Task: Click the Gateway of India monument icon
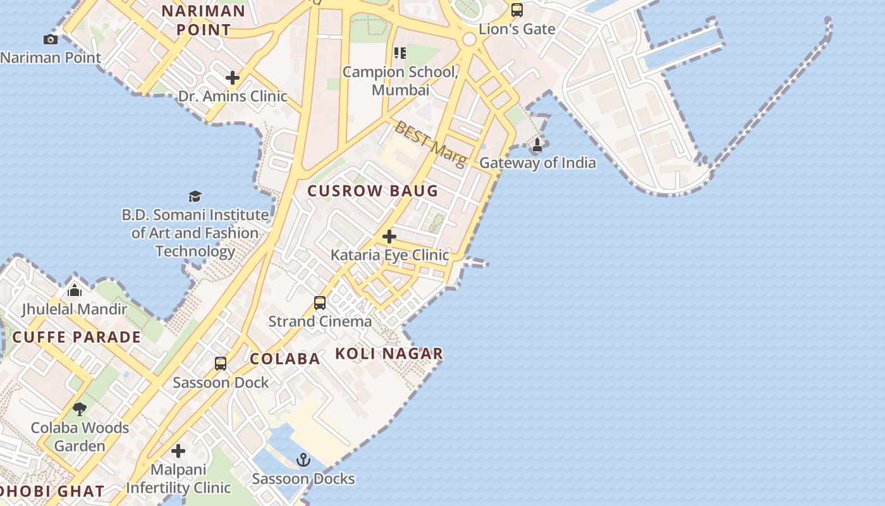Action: [537, 145]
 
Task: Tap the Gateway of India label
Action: [537, 163]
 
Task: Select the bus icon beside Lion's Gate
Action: [517, 10]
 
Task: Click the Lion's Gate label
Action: [517, 28]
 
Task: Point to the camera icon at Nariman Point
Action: [51, 40]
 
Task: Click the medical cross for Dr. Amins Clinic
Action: [233, 78]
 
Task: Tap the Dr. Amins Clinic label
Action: [233, 96]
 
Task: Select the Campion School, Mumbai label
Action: [400, 81]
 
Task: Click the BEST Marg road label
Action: [430, 145]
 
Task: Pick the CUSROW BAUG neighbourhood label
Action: [373, 190]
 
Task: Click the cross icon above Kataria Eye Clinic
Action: [389, 237]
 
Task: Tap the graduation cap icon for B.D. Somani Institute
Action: [195, 196]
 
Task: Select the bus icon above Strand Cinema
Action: [320, 303]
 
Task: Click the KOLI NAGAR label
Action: [389, 354]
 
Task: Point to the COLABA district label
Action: [285, 359]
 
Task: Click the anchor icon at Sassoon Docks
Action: [304, 460]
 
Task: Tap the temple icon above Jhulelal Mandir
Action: [75, 290]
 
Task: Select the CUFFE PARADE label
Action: [77, 336]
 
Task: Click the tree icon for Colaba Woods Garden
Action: [80, 409]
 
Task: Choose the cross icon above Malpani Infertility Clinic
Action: [178, 451]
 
